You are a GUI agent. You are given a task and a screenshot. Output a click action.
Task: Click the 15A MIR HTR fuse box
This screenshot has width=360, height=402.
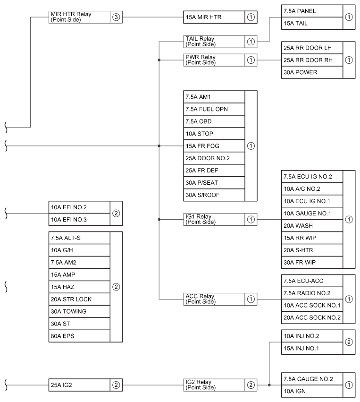(x=220, y=17)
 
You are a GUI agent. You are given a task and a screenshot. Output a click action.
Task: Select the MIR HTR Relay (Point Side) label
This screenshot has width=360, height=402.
(x=71, y=17)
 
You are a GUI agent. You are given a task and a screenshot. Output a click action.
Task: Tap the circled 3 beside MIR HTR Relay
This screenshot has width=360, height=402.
(x=116, y=17)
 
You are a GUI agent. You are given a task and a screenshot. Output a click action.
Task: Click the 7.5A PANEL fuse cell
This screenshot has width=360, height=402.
(x=312, y=11)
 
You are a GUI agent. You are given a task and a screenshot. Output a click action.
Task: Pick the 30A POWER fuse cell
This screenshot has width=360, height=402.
(x=312, y=72)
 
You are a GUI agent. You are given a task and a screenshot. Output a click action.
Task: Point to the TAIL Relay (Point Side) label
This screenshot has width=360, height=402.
(x=201, y=42)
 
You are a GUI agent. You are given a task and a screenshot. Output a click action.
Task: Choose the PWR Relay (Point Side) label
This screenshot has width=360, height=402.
(x=201, y=60)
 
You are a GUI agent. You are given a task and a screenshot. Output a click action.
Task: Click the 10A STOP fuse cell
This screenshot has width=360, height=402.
(x=214, y=134)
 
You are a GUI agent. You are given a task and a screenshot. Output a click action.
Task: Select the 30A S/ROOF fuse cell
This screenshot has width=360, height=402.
(x=214, y=195)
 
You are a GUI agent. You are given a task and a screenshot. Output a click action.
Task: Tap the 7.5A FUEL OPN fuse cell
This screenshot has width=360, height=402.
(x=214, y=109)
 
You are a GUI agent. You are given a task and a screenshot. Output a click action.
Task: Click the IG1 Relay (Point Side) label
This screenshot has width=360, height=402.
(x=201, y=220)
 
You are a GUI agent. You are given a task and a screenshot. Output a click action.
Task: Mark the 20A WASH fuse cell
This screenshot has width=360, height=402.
(x=312, y=226)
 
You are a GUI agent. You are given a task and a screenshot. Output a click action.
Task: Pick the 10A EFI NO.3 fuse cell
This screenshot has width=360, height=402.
(x=79, y=220)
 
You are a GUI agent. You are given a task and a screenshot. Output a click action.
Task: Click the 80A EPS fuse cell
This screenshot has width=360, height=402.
(x=79, y=336)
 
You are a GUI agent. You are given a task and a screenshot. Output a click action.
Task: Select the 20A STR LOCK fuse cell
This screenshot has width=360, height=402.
(x=79, y=299)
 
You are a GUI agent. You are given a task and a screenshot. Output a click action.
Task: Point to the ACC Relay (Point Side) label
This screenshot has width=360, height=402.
(x=201, y=299)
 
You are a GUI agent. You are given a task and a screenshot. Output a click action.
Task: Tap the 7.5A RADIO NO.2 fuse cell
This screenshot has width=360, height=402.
(x=312, y=293)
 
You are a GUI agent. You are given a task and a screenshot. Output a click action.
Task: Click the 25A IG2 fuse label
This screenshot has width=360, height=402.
(x=61, y=385)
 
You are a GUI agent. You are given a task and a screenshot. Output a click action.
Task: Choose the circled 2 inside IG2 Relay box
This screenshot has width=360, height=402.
(x=251, y=385)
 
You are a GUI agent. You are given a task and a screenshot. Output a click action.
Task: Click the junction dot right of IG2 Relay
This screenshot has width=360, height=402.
(x=269, y=385)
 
